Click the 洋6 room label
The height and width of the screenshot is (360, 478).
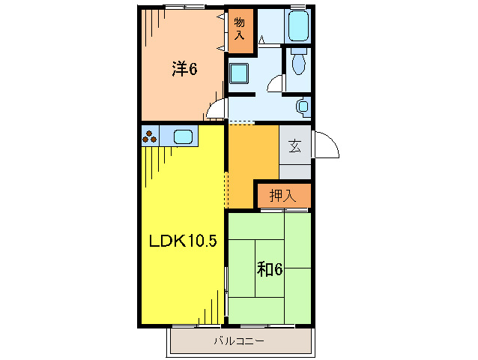pyautogui.click(x=184, y=69)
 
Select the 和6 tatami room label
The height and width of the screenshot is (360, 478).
pyautogui.click(x=270, y=268)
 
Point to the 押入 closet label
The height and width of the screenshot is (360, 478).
pyautogui.click(x=282, y=196)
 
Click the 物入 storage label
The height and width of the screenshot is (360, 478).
pyautogui.click(x=240, y=30)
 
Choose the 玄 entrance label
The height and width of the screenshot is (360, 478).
pyautogui.click(x=295, y=146)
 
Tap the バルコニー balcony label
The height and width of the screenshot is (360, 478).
pyautogui.click(x=238, y=340)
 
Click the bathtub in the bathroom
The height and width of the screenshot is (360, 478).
pyautogui.click(x=298, y=27)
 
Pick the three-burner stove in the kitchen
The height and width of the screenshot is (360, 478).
pyautogui.click(x=149, y=136)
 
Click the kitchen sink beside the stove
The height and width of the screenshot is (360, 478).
pyautogui.click(x=184, y=136)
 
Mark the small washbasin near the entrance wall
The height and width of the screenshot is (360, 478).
pyautogui.click(x=303, y=106)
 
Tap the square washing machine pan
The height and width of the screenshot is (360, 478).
pyautogui.click(x=240, y=74)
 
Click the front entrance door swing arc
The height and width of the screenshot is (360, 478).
pyautogui.click(x=327, y=145)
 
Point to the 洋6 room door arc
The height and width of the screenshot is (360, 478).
pyautogui.click(x=215, y=110)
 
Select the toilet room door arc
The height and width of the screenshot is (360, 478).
pyautogui.click(x=275, y=83)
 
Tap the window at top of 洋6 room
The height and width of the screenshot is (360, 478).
pyautogui.click(x=184, y=7)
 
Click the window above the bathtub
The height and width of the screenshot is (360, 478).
pyautogui.click(x=298, y=7)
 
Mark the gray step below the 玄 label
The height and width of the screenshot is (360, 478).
pyautogui.click(x=295, y=169)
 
